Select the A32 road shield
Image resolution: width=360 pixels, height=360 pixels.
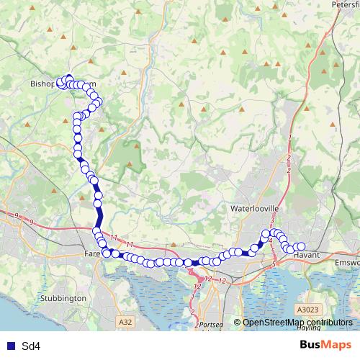(126, 323)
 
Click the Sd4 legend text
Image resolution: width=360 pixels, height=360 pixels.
(31, 346)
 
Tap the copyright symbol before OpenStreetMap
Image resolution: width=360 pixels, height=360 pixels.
(237, 323)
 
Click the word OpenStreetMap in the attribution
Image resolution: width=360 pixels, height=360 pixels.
(273, 323)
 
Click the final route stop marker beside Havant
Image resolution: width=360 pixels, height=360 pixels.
(302, 247)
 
